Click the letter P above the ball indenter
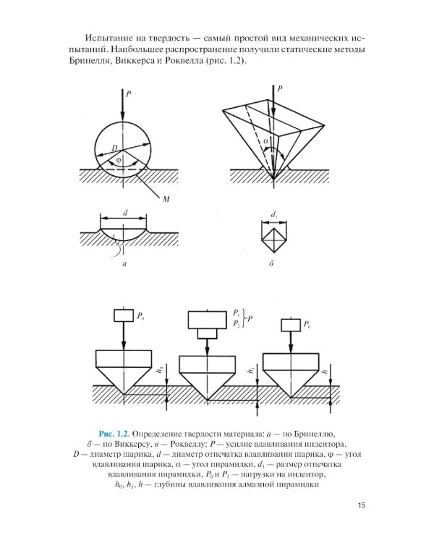(129, 93)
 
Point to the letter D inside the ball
(114, 148)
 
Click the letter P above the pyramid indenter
(281, 88)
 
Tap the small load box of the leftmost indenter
(123, 316)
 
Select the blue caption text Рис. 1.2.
(114, 432)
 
